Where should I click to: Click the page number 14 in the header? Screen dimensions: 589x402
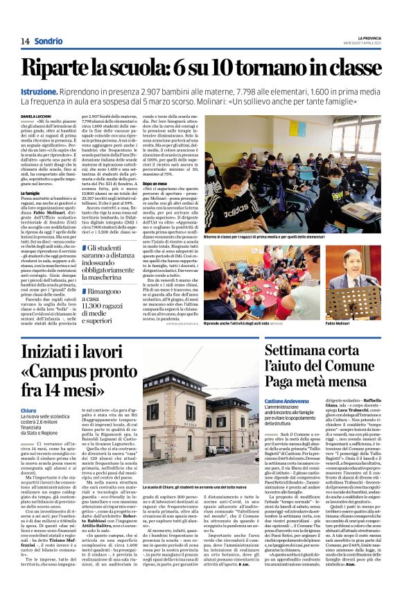click(25, 41)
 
